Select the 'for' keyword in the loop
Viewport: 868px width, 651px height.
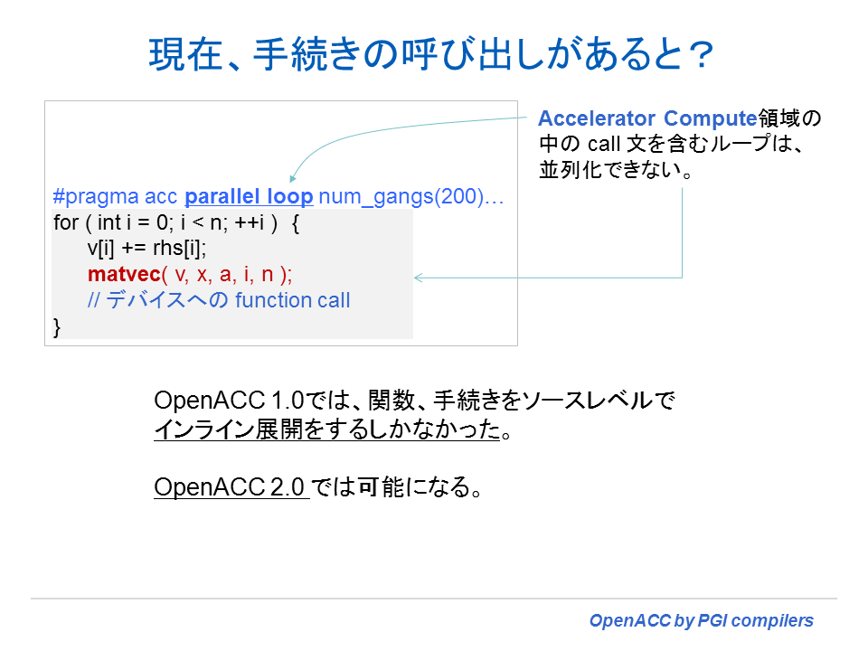(x=66, y=223)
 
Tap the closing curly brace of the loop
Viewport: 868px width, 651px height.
(x=59, y=326)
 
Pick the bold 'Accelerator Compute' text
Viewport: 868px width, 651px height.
(x=646, y=119)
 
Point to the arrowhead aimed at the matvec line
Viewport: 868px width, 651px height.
(x=420, y=277)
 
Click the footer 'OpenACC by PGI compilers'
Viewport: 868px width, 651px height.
(x=701, y=621)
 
